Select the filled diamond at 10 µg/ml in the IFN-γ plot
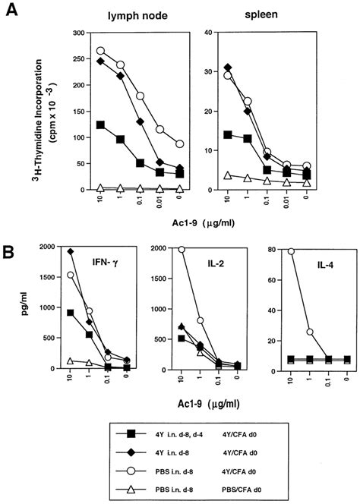[x=71, y=251]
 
